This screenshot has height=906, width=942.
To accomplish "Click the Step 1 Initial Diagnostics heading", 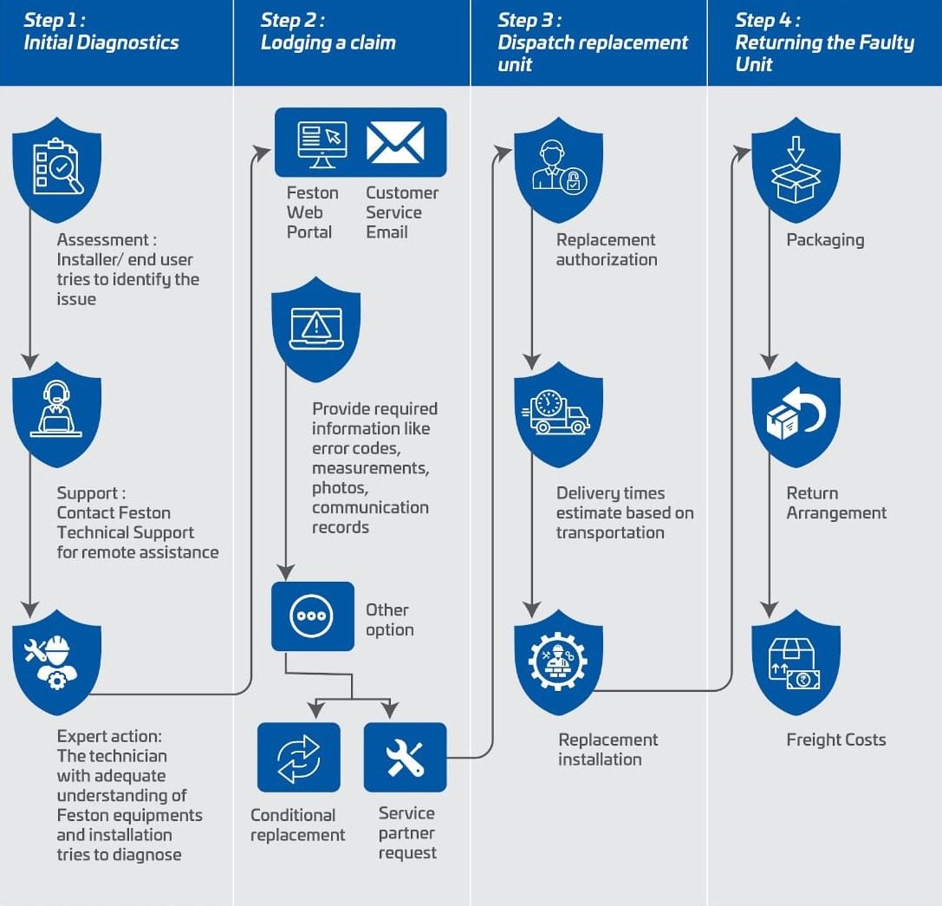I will (x=101, y=32).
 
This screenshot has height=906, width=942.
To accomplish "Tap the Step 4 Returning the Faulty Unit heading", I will (x=824, y=42).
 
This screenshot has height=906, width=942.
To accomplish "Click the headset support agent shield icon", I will (x=57, y=413).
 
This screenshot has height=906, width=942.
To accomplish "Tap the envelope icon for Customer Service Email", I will (x=395, y=142).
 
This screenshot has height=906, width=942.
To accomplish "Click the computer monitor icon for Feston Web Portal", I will (x=321, y=142).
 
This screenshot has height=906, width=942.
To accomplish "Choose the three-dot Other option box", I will (x=313, y=616).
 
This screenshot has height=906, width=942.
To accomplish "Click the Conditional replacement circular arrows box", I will (x=299, y=757).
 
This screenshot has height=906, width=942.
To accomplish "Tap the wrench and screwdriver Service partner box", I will (x=405, y=757).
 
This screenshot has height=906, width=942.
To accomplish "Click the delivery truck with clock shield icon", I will (x=558, y=413).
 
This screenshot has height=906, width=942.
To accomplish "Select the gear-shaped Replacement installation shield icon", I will (x=558, y=661).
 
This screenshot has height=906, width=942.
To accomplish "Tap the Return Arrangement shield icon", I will (x=796, y=413).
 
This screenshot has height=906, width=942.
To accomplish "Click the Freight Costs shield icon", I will (x=796, y=661).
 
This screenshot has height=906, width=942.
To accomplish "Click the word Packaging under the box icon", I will (x=825, y=240).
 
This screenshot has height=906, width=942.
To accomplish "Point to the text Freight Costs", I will (x=835, y=740).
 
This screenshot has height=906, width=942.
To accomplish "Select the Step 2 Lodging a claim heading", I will (x=328, y=32).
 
